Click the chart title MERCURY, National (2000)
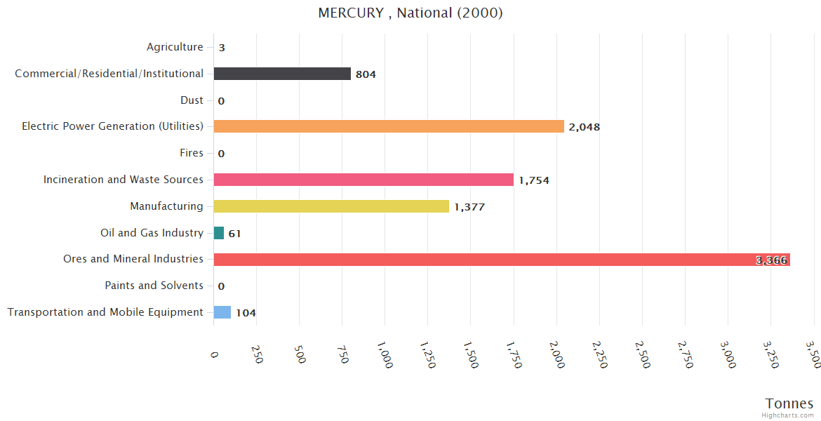[x=410, y=13]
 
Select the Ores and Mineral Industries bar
[x=502, y=260]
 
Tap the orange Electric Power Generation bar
[x=389, y=126]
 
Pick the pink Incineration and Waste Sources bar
[x=363, y=180]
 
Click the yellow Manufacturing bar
[x=331, y=206]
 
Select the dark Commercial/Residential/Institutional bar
[x=282, y=74]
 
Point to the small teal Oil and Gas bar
[x=219, y=233]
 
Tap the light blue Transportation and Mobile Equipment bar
[x=222, y=312]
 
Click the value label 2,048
[x=585, y=127]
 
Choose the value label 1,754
[x=534, y=180]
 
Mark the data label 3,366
[x=772, y=260]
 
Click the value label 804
[x=366, y=74]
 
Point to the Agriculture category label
[x=175, y=47]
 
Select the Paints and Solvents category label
[x=154, y=286]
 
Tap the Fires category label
[x=192, y=153]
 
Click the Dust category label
[x=192, y=100]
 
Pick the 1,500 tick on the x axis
[x=470, y=356]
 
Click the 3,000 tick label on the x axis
[x=727, y=356]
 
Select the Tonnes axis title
[x=789, y=403]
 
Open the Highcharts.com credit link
[x=788, y=415]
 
